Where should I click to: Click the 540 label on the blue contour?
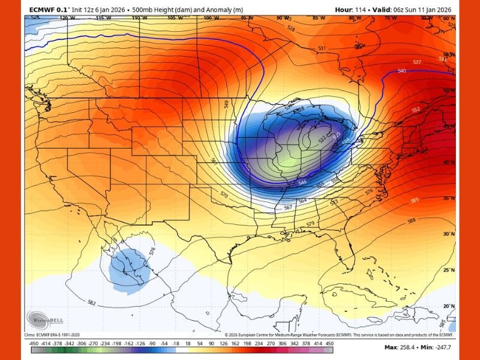pyautogui.click(x=401, y=71)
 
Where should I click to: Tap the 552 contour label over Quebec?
pyautogui.click(x=416, y=110)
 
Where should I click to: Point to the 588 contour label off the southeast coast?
pyautogui.click(x=411, y=221)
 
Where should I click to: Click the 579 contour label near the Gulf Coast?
pyautogui.click(x=310, y=224)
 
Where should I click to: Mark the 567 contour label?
pyautogui.click(x=288, y=207)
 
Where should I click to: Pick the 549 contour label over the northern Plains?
pyautogui.click(x=226, y=104)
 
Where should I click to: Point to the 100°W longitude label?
pyautogui.click(x=211, y=18)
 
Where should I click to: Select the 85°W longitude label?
pyautogui.click(x=318, y=18)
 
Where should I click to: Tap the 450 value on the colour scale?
pyautogui.click(x=329, y=343)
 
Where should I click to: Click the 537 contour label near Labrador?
pyautogui.click(x=418, y=62)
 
